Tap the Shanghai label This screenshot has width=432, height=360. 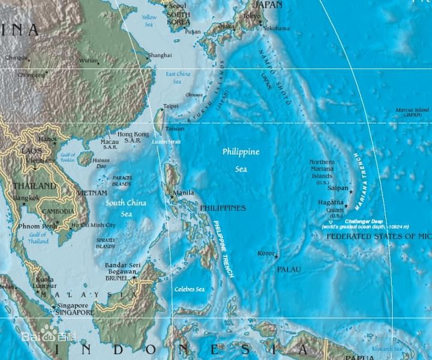click(160, 55)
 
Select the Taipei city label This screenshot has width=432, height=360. click(171, 106)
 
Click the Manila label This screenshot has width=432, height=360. click(184, 193)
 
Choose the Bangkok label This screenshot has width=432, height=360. click(26, 198)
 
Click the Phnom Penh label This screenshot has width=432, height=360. click(37, 226)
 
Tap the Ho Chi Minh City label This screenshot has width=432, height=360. click(94, 226)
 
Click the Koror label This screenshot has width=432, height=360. click(265, 253)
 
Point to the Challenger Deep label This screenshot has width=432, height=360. click(365, 221)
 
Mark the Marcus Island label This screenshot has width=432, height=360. click(412, 110)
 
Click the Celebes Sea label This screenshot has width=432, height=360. click(189, 289)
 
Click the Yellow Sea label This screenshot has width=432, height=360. click(149, 21)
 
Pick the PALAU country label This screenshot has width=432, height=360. click(289, 271)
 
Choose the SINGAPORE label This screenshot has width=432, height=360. click(74, 313)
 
